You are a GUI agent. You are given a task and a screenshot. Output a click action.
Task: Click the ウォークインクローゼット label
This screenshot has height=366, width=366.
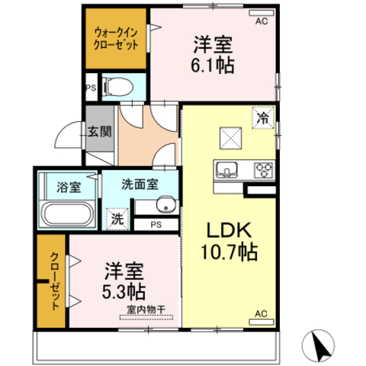[x=117, y=39]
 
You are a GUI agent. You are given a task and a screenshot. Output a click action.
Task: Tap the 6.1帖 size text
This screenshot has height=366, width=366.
[x=213, y=64]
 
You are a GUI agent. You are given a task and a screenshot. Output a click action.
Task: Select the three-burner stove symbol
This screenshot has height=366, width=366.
[x=263, y=169]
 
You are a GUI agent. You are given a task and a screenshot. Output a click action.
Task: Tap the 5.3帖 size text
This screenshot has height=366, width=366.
[x=123, y=291]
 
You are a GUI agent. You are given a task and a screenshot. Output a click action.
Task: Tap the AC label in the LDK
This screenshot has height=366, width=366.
[x=260, y=314]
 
